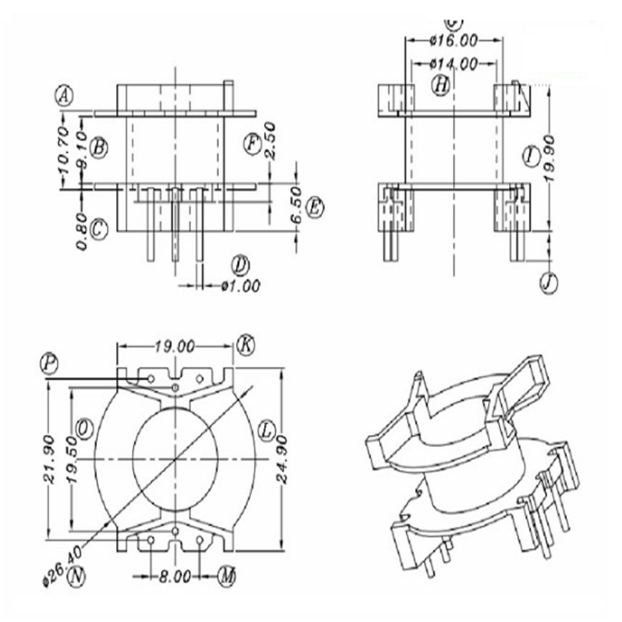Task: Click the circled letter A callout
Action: click(x=64, y=97)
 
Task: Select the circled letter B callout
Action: click(x=99, y=147)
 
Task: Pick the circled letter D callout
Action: click(x=240, y=266)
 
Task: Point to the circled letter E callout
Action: click(x=315, y=207)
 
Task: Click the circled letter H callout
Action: click(x=441, y=85)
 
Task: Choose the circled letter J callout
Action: click(x=548, y=283)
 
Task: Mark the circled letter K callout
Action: click(x=246, y=344)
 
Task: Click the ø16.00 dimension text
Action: click(x=453, y=41)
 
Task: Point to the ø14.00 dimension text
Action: click(x=453, y=63)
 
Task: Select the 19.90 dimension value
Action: click(x=550, y=159)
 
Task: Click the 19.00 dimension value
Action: click(x=175, y=345)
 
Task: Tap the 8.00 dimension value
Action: click(x=174, y=577)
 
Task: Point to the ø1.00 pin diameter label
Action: click(x=240, y=286)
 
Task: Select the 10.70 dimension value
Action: click(x=62, y=150)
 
